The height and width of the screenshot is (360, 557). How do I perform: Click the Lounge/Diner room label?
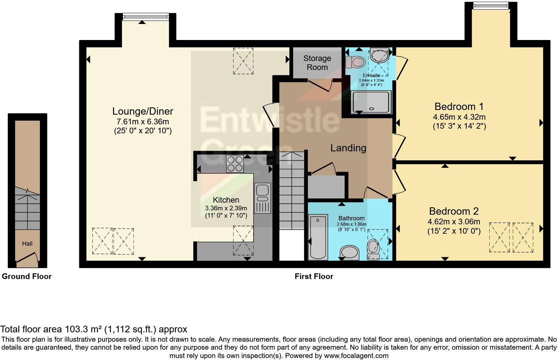tap(143, 111)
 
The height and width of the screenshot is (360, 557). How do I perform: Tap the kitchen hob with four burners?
tap(235, 164)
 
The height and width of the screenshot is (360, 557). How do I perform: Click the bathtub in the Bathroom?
tap(318, 237)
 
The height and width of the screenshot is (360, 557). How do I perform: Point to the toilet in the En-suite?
tap(355, 62)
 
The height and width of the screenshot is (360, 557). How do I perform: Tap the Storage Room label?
tap(317, 63)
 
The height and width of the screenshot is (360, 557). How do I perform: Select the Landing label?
tap(348, 148)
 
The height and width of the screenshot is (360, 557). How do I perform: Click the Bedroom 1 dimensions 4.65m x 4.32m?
tap(459, 117)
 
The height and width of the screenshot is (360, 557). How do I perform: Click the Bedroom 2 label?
tap(454, 211)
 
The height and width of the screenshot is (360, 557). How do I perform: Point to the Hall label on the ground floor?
tap(27, 244)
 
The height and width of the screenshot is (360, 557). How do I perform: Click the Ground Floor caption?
tap(27, 276)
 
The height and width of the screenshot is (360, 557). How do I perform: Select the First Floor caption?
tap(314, 276)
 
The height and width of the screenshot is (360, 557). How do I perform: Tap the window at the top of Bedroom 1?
tap(491, 5)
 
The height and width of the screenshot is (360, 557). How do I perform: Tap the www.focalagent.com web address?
tap(356, 356)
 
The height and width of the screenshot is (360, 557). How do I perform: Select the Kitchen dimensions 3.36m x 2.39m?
tap(226, 208)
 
